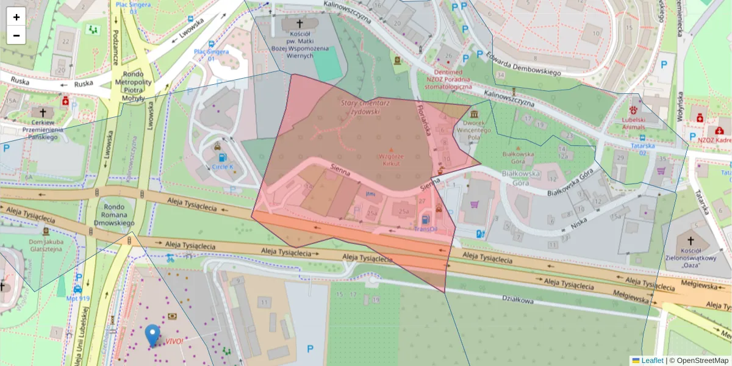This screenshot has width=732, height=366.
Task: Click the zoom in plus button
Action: point(16,17)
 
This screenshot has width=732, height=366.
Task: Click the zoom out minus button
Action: point(16,35)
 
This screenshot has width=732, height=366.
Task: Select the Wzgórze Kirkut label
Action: point(392,160)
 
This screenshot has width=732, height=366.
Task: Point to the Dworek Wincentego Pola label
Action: point(473,126)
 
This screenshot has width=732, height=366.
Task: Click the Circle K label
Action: point(222,166)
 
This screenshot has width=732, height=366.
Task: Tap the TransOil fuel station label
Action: point(426,229)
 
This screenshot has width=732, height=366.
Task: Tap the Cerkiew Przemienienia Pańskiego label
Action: point(43,133)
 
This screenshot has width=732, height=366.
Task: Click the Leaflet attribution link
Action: point(652,361)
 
